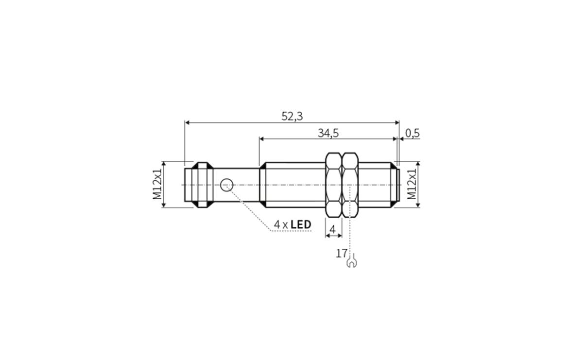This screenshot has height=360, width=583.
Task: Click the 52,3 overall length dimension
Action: [292, 116]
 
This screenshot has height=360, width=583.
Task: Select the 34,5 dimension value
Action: [328, 133]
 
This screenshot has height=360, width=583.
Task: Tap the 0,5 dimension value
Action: [412, 133]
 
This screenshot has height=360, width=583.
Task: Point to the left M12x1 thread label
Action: [157, 185]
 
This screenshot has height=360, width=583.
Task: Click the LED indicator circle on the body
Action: [227, 185]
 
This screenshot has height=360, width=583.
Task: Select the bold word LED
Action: [301, 225]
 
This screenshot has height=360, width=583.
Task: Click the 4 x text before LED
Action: [281, 225]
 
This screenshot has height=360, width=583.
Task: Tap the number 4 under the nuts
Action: [333, 229]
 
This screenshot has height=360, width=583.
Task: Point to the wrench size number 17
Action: [341, 253]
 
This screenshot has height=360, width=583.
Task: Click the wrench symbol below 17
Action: [352, 263]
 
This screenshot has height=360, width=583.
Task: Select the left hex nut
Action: [333, 185]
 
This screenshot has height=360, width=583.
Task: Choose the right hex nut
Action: [350, 185]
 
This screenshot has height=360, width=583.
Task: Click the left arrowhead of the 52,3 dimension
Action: [188, 123]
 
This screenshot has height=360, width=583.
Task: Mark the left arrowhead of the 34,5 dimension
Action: [262, 139]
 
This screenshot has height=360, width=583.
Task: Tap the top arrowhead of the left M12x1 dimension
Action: [164, 164]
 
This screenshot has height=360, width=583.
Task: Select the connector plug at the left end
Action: [199, 185]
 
